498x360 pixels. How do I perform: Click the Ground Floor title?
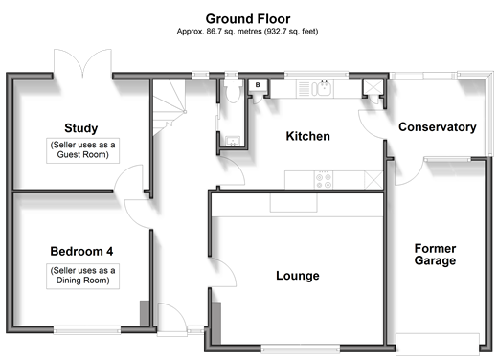coord(248,19)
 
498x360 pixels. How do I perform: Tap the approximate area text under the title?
coord(247,32)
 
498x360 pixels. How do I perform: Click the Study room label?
coord(81,128)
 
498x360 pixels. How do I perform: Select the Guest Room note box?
coord(82,150)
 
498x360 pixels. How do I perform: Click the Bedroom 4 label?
coord(81,251)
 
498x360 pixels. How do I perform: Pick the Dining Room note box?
coord(82,277)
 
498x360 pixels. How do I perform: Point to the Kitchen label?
coord(307,136)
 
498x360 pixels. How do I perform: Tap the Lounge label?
coord(298,276)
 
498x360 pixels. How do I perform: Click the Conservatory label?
coord(438,127)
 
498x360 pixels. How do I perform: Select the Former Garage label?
coord(435,255)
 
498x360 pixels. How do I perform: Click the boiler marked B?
coord(258,85)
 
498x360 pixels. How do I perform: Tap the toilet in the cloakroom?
coord(232,91)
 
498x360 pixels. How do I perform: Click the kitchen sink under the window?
coord(322,88)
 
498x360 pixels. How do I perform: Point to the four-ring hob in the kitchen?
coord(324,180)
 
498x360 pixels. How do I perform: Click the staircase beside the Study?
coord(170,107)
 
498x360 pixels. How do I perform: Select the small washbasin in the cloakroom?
coord(233,141)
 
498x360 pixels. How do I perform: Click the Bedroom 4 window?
coord(87,330)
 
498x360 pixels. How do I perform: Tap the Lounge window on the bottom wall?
coord(300,349)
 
